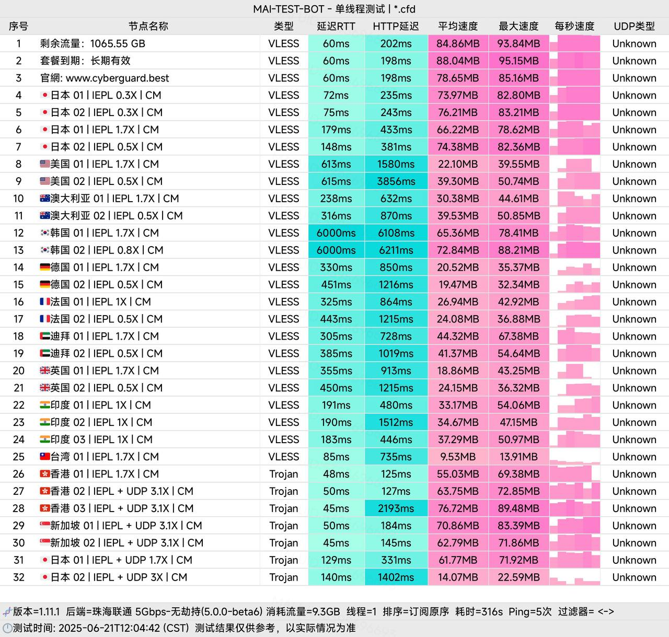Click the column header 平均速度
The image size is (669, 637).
pyautogui.click(x=458, y=26)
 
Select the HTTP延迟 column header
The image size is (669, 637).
pyautogui.click(x=396, y=26)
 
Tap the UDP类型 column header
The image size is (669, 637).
pyautogui.click(x=634, y=26)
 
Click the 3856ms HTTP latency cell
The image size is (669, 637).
pyautogui.click(x=396, y=181)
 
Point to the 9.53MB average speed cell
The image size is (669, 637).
pyautogui.click(x=458, y=457)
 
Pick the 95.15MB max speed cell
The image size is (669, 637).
pyautogui.click(x=518, y=61)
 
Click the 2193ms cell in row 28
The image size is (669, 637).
pyautogui.click(x=396, y=508)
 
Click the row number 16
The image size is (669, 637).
pyautogui.click(x=18, y=302)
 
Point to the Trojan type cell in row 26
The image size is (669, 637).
pyautogui.click(x=284, y=474)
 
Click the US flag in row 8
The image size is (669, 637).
pyautogui.click(x=45, y=164)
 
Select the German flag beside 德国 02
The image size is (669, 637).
pyautogui.click(x=45, y=285)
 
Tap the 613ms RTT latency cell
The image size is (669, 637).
pyautogui.click(x=336, y=164)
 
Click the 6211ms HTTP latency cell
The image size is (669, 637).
pyautogui.click(x=396, y=250)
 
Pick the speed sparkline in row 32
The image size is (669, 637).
pyautogui.click(x=574, y=577)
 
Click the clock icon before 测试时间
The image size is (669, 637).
pyautogui.click(x=7, y=628)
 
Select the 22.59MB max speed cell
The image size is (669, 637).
pyautogui.click(x=518, y=577)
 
